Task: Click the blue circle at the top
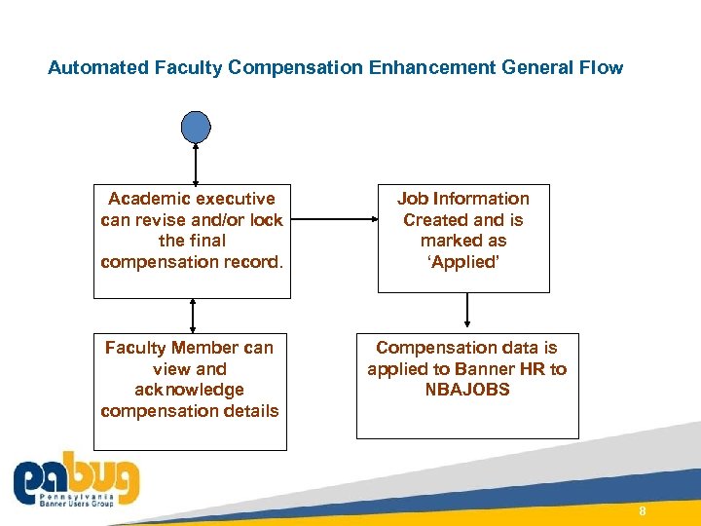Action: click(196, 127)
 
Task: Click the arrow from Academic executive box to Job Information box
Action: click(332, 220)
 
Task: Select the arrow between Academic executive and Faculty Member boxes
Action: click(193, 317)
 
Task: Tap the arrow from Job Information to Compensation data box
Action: click(468, 311)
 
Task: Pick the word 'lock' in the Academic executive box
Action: click(266, 220)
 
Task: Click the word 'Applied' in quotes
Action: click(463, 261)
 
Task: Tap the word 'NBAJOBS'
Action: click(466, 390)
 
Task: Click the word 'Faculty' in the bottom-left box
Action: click(135, 348)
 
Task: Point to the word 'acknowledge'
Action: click(189, 390)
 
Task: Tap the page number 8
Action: click(643, 512)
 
